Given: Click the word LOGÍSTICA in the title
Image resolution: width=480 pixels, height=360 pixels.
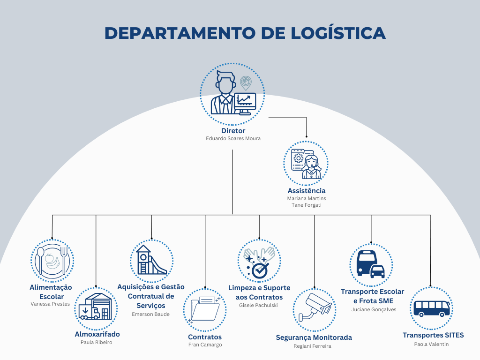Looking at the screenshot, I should pyautogui.click(x=338, y=33).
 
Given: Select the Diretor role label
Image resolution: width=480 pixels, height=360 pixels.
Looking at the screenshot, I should pyautogui.click(x=233, y=131).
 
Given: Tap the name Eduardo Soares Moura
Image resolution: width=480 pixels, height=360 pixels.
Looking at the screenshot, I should pyautogui.click(x=233, y=139).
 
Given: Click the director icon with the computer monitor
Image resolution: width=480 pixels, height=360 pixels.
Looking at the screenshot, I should pyautogui.click(x=232, y=93).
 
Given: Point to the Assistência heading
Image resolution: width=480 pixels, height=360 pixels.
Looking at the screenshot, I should pyautogui.click(x=306, y=191).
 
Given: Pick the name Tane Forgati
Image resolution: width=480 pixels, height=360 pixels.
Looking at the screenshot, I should pyautogui.click(x=306, y=205).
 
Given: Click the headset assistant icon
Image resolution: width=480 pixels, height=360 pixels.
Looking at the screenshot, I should pyautogui.click(x=306, y=163).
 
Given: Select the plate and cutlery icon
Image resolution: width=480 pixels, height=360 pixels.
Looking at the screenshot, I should pyautogui.click(x=52, y=261).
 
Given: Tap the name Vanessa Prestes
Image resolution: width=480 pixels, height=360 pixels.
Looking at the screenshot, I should pyautogui.click(x=50, y=304).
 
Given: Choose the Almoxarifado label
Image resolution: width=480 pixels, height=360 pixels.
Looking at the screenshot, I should pyautogui.click(x=97, y=334).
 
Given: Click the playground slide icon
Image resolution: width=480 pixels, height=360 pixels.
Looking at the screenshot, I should pyautogui.click(x=151, y=261).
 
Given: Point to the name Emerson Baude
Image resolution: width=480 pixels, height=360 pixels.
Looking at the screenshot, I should pyautogui.click(x=151, y=314).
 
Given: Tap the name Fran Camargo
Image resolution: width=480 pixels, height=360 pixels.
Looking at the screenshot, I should pyautogui.click(x=205, y=345).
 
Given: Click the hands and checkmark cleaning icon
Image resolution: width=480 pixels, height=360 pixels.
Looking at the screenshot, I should pyautogui.click(x=259, y=261).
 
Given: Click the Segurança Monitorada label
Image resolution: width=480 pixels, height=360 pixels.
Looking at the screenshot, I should pyautogui.click(x=314, y=337).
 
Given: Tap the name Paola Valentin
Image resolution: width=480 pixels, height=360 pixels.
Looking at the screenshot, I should pyautogui.click(x=431, y=344).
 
